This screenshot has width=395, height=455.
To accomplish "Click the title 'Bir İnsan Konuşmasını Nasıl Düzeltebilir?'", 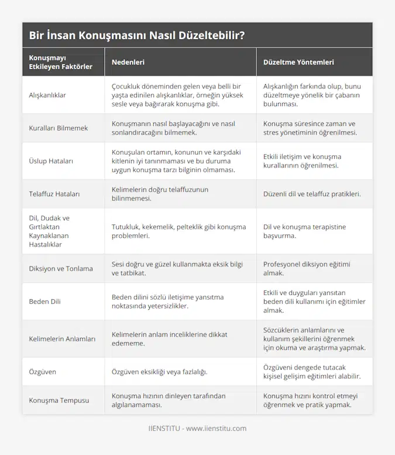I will pyautogui.click(x=136, y=35).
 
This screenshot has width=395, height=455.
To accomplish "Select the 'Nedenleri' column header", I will pyautogui.click(x=128, y=61).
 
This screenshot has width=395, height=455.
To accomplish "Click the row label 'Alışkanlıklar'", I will pyautogui.click(x=48, y=95).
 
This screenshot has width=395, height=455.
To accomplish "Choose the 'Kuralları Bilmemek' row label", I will pyautogui.click(x=59, y=128).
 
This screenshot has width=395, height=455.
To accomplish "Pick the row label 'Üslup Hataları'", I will pyautogui.click(x=51, y=160).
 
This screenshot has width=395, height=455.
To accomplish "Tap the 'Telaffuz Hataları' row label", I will pyautogui.click(x=55, y=193).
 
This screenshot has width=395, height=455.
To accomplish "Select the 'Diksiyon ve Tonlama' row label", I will pyautogui.click(x=61, y=269).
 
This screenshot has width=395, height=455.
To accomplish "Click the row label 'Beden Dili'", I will pyautogui.click(x=44, y=302).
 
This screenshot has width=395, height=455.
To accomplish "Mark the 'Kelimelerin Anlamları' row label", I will pyautogui.click(x=62, y=338).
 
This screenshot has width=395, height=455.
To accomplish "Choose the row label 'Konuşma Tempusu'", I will pyautogui.click(x=59, y=400).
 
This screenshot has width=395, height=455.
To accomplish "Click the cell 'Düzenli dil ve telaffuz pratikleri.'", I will pyautogui.click(x=312, y=193).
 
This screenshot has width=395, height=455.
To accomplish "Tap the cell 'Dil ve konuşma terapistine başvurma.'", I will pyautogui.click(x=296, y=231).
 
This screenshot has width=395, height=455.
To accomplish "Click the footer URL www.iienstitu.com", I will pyautogui.click(x=216, y=429).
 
